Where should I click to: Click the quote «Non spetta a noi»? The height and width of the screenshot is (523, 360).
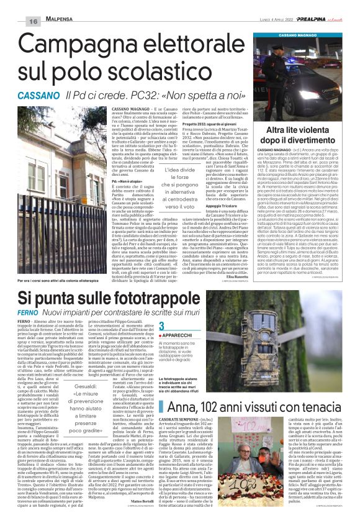pos(205,96)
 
